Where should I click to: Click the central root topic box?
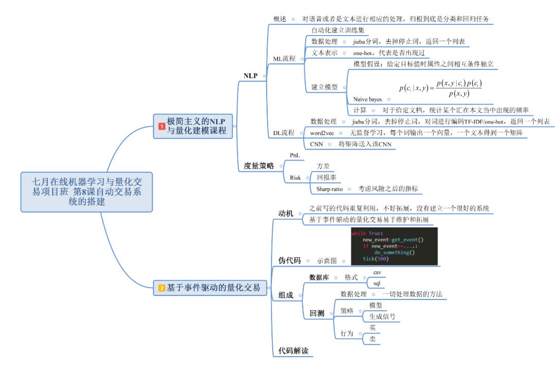pos(87,191)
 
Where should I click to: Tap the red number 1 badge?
pos(161,126)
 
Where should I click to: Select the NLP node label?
pos(251,76)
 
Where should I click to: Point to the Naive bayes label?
pos(368,99)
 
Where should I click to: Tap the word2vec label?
pos(322,133)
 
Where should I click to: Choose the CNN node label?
pos(317,144)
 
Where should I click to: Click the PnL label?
pos(295,155)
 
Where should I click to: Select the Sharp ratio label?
pos(329,189)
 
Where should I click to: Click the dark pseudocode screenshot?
pos(394,245)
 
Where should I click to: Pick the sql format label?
pos(376,283)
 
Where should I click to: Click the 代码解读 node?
pos(293,351)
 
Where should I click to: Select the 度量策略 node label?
pos(259,166)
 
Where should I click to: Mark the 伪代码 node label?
pos(289,260)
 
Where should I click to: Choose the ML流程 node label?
pos(284,58)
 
